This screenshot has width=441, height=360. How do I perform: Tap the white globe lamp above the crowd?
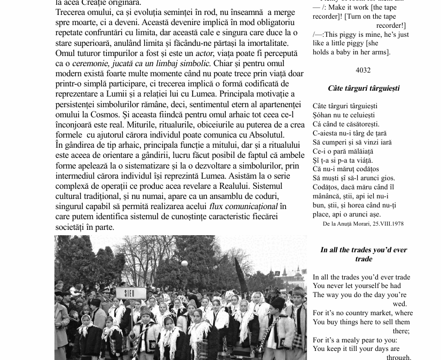pos(185,263)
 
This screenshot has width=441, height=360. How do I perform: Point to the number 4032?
pos(363,70)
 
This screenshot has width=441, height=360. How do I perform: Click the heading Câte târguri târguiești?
pos(364,89)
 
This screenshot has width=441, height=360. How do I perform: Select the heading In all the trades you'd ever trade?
pos(364,254)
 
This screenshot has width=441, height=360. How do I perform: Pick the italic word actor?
pos(204,53)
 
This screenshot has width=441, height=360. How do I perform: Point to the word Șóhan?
pos(322,115)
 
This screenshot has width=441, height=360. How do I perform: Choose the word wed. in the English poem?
pos(399,304)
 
